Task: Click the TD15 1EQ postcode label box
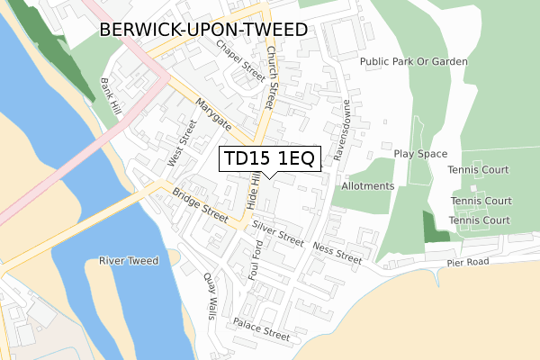click(x=268, y=159)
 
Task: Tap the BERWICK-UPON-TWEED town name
click(x=203, y=30)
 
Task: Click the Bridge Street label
click(x=201, y=206)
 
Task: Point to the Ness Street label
click(x=337, y=251)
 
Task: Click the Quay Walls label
click(x=211, y=295)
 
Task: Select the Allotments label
click(x=368, y=186)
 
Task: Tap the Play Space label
click(x=420, y=154)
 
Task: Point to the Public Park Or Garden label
click(x=414, y=62)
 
